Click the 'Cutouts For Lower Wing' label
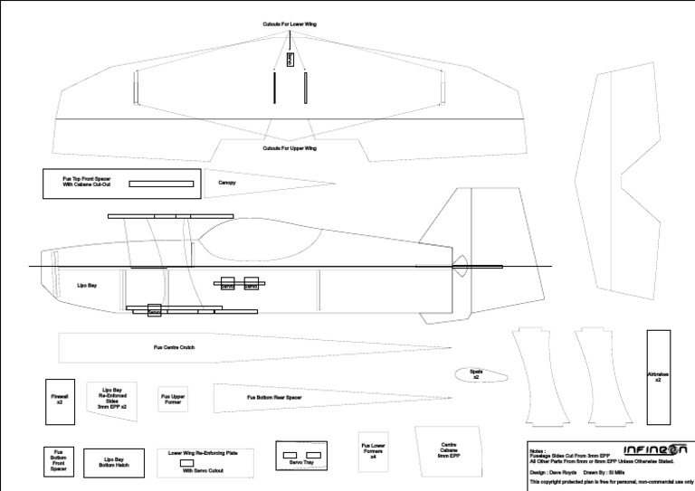point(290,24)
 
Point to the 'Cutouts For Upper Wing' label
point(290,148)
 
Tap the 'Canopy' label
point(227,183)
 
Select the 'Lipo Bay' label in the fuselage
point(88,286)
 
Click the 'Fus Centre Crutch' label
point(174,347)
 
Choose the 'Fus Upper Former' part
point(172,399)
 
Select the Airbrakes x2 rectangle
point(658,377)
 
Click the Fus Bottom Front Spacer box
point(58,460)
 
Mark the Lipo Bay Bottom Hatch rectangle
point(114,462)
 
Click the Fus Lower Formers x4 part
point(373,450)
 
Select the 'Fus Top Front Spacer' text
point(86,179)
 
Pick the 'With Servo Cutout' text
point(204,471)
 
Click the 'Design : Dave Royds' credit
point(554,472)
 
